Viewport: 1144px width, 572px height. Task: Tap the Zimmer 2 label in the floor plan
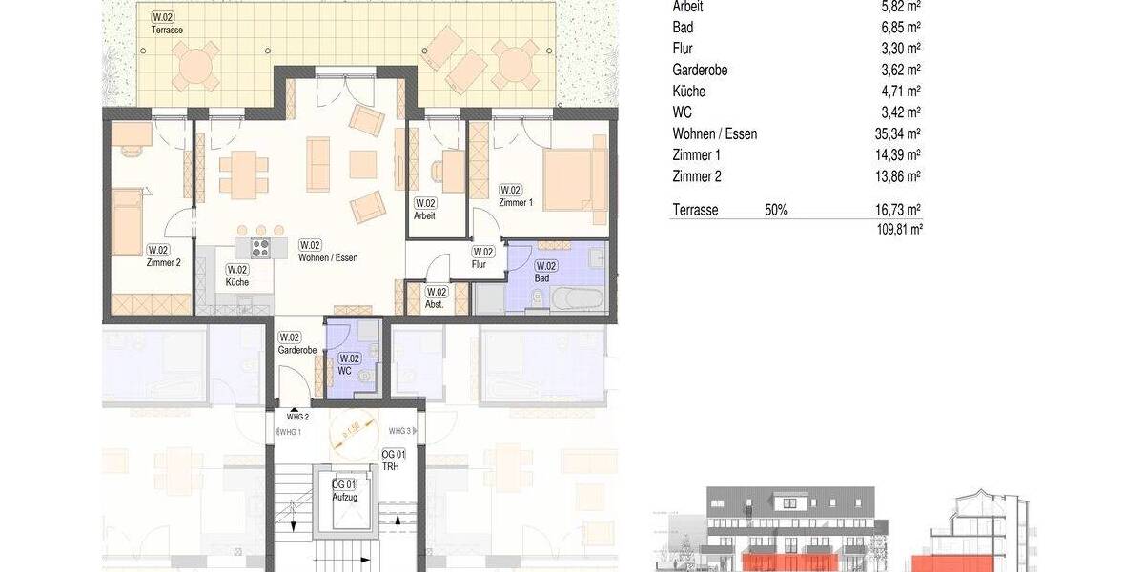tap(163, 263)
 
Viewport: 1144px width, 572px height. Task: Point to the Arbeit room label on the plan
tap(424, 215)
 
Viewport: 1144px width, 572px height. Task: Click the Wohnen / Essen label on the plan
tap(327, 257)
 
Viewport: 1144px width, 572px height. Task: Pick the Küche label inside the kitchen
tap(236, 283)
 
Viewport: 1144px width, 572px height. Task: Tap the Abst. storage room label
tap(435, 305)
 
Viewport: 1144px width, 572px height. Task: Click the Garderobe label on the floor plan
tap(296, 350)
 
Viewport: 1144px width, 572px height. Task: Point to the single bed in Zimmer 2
tap(127, 222)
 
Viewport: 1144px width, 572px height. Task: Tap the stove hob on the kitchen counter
tap(260, 248)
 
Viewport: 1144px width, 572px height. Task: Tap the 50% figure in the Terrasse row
tap(776, 210)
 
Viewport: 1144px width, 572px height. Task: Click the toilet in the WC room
tap(365, 376)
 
